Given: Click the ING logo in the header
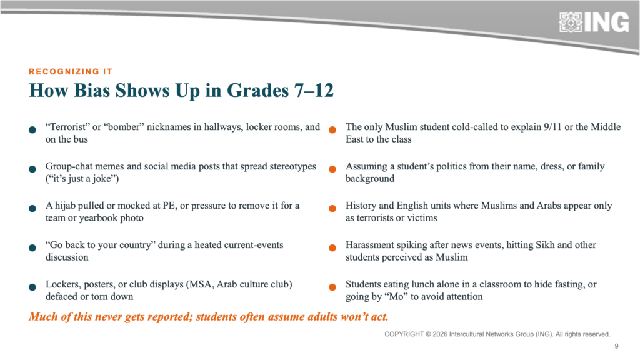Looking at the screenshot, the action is coord(594,22).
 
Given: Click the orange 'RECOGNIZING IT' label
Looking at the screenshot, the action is coord(71,72).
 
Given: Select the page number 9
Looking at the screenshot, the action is coord(616,346).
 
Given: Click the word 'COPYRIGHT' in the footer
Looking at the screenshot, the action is coord(404,334).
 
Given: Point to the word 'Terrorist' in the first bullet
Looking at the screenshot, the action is coord(67,127).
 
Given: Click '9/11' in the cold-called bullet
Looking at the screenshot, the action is coord(552,127).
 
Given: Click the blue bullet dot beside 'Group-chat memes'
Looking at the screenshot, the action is coord(32,169).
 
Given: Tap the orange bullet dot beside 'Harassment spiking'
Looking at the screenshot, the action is coord(332,247).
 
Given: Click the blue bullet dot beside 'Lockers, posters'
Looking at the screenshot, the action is coord(32,287).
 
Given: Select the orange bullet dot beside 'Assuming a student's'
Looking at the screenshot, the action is coord(332,169).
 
